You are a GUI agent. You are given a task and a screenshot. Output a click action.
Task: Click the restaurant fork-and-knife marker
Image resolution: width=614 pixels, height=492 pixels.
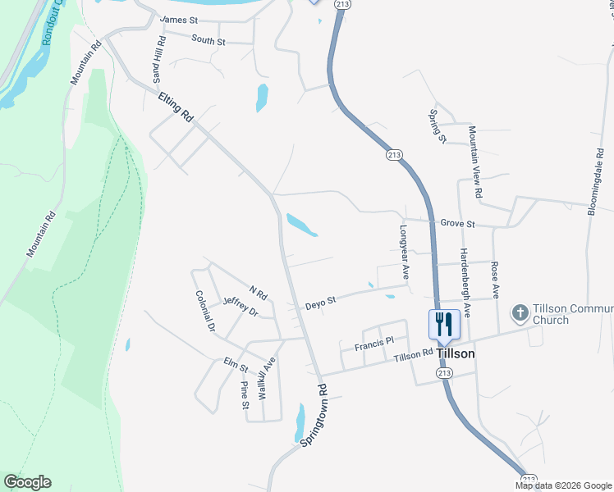(444, 323)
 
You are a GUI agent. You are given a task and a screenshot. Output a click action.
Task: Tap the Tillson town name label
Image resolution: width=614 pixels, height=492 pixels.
(456, 354)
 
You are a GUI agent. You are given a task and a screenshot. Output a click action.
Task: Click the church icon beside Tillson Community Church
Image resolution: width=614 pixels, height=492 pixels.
(519, 312)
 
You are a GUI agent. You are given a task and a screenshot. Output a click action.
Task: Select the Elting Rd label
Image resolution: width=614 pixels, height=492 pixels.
(175, 107)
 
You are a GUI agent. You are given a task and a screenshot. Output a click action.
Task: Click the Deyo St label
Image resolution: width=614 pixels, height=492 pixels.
(321, 303)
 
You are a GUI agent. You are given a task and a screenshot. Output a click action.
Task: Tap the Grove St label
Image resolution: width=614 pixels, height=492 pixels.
(458, 223)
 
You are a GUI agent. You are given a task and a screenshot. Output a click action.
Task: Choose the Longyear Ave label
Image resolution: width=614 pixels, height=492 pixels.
(403, 248)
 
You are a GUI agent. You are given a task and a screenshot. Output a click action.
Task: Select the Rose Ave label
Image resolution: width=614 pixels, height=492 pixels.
(494, 280)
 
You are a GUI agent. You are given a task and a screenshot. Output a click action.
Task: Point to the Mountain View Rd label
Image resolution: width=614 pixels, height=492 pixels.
(474, 162)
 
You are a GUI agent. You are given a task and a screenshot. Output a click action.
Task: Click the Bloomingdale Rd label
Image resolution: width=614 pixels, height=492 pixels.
(594, 181)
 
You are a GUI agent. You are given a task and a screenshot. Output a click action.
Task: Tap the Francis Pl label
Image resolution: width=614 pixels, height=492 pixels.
(374, 344)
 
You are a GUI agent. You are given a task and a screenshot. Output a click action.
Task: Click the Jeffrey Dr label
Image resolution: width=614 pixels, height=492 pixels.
(241, 307)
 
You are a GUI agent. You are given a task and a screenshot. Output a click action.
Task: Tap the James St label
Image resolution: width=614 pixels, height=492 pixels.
(180, 19)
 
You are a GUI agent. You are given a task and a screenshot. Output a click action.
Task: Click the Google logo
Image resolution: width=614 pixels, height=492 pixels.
(27, 482)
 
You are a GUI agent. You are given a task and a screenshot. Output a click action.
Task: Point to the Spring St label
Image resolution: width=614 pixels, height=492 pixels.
(437, 126)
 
